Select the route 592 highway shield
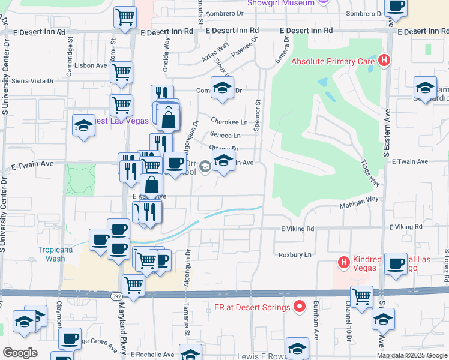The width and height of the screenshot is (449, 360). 117,296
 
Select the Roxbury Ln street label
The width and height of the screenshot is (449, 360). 295,254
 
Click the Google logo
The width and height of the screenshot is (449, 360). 20,353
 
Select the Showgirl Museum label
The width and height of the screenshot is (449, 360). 282,3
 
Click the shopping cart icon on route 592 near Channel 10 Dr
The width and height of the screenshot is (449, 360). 362,296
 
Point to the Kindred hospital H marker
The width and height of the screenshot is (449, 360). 344,262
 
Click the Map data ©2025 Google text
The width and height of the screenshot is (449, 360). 411,355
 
